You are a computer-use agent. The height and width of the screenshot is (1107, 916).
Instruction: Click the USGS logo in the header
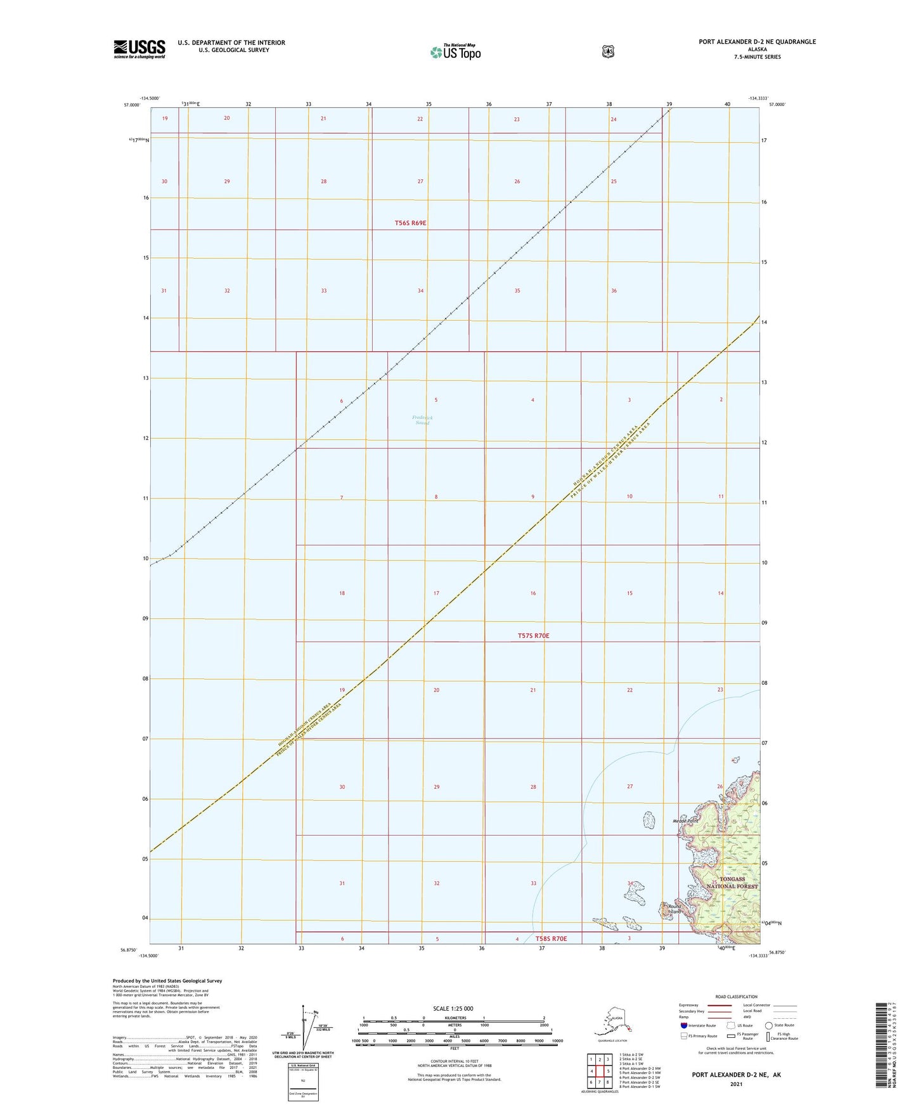139,49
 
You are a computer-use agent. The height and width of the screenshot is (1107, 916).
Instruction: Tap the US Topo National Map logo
455,51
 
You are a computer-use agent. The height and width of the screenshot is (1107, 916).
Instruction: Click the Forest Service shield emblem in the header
608,51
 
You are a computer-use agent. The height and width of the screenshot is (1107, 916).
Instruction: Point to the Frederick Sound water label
421,420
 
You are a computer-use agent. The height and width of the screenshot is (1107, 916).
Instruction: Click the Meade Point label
685,821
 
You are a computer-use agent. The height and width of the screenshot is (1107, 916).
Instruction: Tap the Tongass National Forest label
732,883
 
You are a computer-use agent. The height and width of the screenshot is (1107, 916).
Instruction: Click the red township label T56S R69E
410,223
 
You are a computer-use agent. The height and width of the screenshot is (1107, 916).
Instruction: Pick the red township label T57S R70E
533,635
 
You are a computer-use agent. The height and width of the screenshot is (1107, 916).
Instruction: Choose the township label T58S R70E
551,938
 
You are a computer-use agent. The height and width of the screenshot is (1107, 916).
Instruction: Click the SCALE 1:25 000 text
453,1008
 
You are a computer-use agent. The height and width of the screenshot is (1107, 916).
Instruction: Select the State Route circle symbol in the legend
769,1025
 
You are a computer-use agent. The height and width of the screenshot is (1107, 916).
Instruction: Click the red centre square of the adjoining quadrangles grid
599,1071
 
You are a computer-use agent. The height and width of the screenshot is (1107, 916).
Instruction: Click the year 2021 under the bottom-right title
735,1084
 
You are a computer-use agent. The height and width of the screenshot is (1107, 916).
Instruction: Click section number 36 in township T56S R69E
614,291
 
